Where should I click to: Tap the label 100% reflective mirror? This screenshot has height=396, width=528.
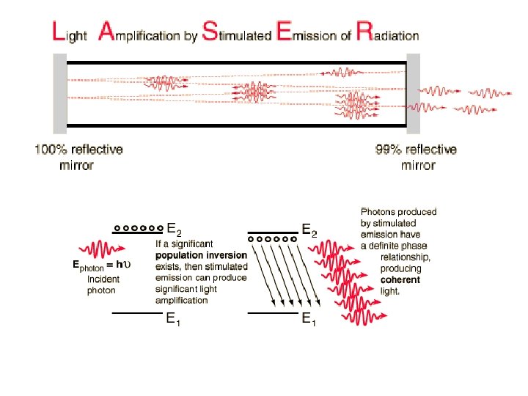tap(78, 157)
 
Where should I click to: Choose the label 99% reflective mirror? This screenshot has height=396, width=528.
tap(416, 157)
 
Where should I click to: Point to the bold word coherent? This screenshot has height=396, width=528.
tap(400, 280)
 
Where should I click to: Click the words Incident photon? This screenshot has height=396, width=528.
tap(103, 285)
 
